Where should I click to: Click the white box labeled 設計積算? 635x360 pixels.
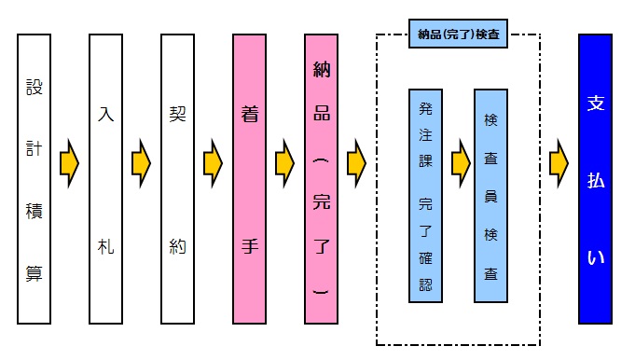point(34,179)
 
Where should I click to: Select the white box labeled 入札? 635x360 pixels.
point(105,179)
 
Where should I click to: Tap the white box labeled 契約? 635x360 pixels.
point(177,179)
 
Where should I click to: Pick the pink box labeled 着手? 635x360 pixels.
point(248,179)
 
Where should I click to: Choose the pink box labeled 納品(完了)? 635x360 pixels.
point(320,179)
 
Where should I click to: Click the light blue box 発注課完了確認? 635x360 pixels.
point(425,196)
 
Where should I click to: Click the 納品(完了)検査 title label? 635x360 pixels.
point(459,37)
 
